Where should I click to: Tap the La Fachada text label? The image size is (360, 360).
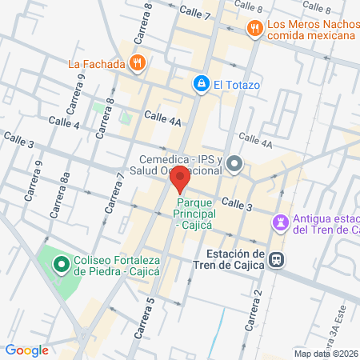(x=96, y=63)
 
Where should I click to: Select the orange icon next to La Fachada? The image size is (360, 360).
(x=138, y=63)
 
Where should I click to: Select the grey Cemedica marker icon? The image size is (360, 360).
(x=234, y=165)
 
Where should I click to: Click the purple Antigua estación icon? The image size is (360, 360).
(x=281, y=221)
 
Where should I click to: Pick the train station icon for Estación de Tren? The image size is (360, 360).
(x=276, y=259)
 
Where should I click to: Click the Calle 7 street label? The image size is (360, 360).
(x=195, y=13)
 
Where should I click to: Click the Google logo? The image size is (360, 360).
(x=26, y=350)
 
